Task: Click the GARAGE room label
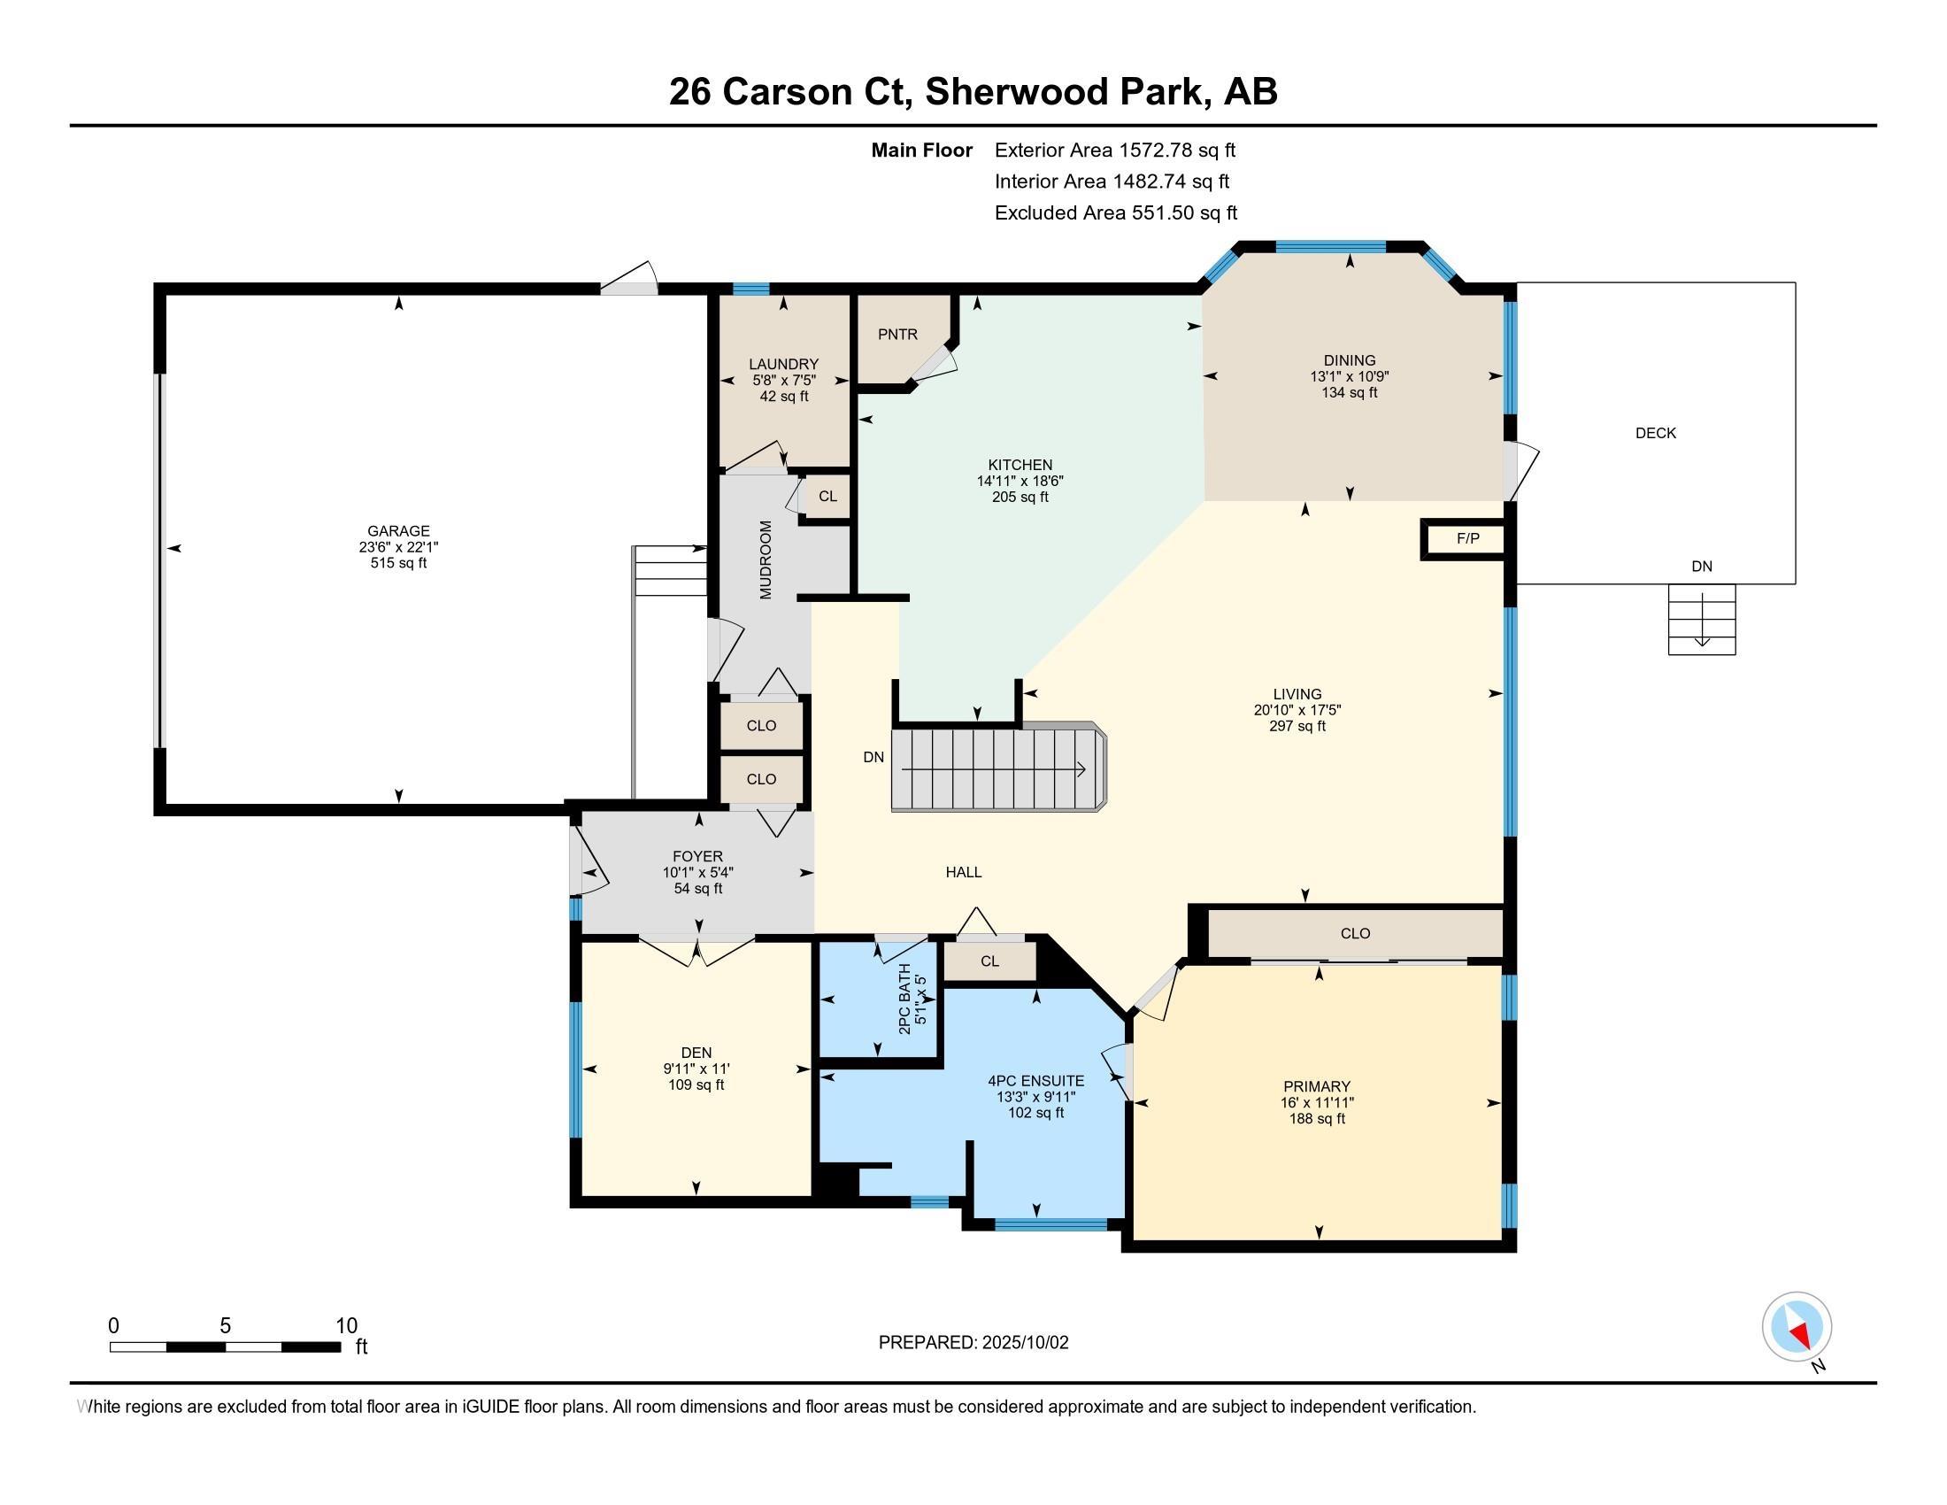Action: (398, 530)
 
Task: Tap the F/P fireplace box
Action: (1467, 538)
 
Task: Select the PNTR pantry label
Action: (897, 335)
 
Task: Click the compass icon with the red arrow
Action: (1797, 1327)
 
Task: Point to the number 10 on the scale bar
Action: (346, 1326)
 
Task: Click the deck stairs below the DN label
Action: (1701, 619)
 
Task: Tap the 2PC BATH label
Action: (904, 999)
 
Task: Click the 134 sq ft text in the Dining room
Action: (1349, 392)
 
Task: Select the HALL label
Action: (963, 872)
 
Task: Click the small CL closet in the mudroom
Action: (827, 497)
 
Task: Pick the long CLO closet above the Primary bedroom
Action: (1354, 933)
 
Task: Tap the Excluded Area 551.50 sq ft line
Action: (1115, 213)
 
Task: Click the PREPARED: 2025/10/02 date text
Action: (973, 1343)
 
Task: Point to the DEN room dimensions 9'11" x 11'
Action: (696, 1069)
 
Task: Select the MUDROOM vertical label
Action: (766, 559)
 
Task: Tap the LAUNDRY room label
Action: (782, 364)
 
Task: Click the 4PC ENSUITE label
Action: (1035, 1081)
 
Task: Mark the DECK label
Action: (1655, 433)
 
